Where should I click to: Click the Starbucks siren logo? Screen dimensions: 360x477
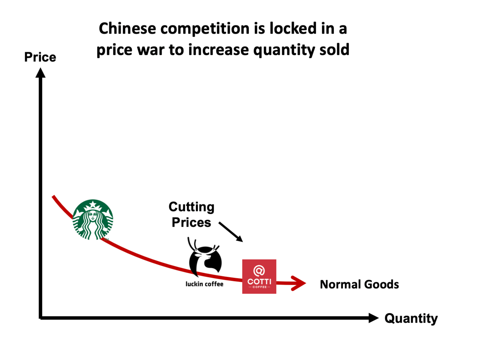tap(93, 220)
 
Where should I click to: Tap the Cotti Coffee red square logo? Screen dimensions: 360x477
tap(259, 277)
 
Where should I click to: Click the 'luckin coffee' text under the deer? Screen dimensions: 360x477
tap(205, 284)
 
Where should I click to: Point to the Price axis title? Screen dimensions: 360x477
tap(40, 57)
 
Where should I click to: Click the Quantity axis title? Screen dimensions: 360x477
tap(411, 318)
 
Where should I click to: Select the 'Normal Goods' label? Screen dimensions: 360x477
tap(359, 284)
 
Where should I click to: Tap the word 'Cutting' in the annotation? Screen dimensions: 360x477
tap(191, 207)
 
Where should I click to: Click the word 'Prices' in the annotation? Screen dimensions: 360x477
tap(191, 223)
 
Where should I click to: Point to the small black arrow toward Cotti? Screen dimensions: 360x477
tap(231, 232)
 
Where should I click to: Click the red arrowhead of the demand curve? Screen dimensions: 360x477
tap(299, 284)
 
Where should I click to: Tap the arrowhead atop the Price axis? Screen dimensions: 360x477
tap(41, 73)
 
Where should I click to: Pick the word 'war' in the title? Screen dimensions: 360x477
tap(151, 50)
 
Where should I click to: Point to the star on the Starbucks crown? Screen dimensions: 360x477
tap(93, 205)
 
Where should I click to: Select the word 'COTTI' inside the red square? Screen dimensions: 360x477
tap(259, 281)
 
